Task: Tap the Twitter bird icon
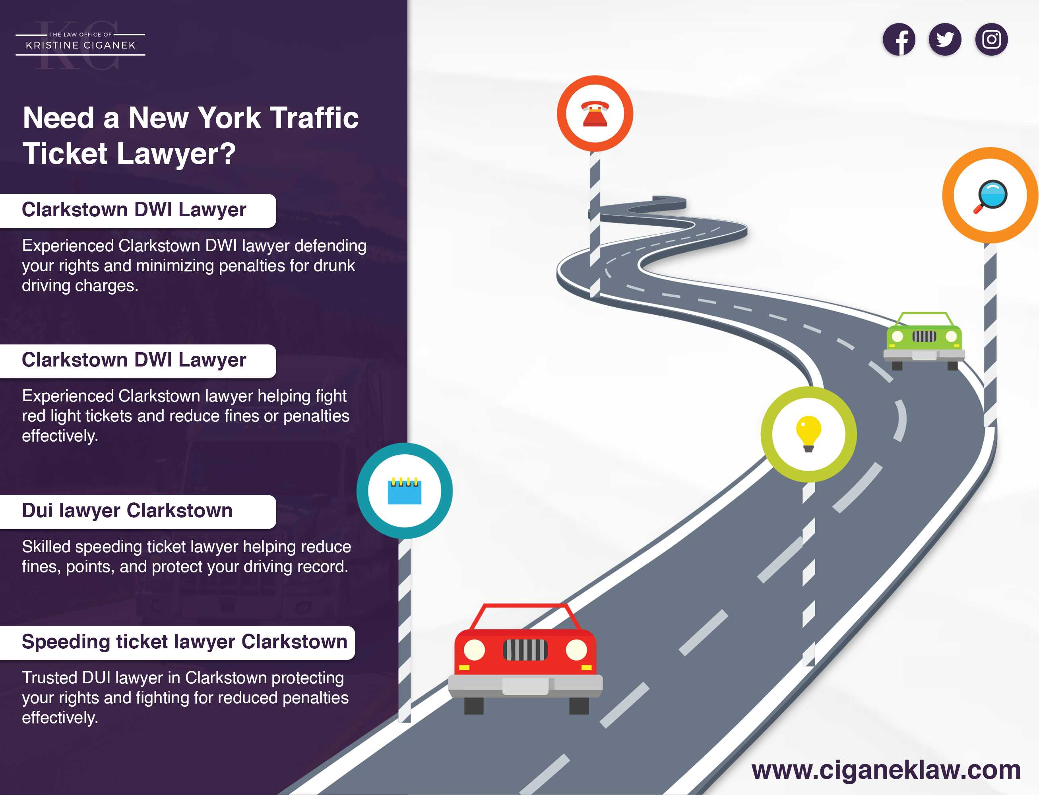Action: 944,39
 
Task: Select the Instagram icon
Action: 991,39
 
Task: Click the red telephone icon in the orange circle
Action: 595,114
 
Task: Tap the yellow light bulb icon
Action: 808,433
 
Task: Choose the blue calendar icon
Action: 404,491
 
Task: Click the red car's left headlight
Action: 474,650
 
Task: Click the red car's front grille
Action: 525,650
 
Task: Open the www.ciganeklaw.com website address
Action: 886,770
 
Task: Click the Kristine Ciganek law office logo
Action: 80,45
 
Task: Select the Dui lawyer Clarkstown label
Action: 127,511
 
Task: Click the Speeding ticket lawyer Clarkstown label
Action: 184,642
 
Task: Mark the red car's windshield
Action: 525,618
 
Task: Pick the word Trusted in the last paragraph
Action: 49,678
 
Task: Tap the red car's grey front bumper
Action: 525,685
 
